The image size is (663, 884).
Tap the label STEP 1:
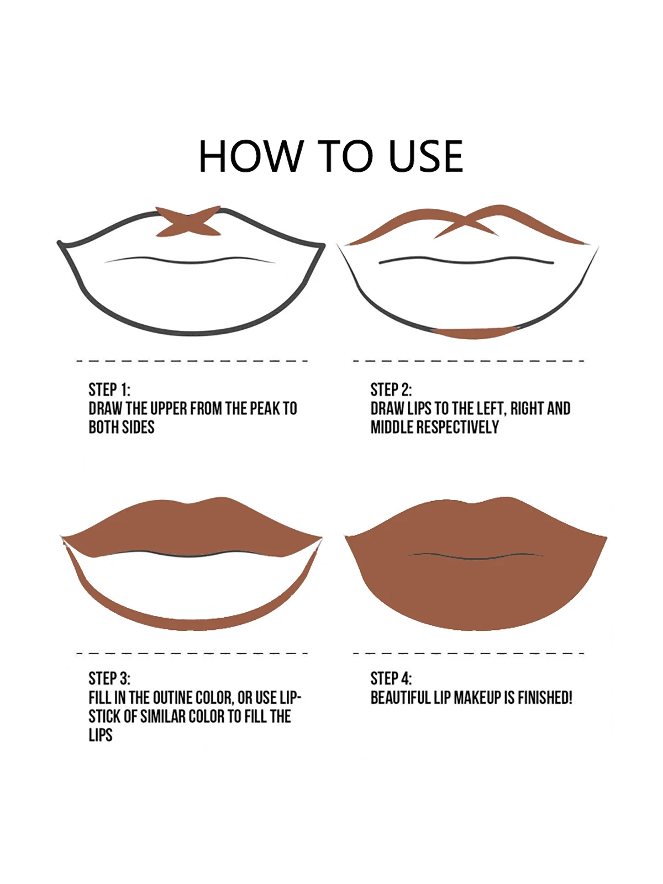click(x=109, y=390)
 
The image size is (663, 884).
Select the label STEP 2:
click(x=391, y=390)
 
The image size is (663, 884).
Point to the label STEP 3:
click(x=109, y=678)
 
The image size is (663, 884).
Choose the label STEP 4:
click(x=391, y=678)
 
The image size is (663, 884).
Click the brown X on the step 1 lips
click(x=188, y=221)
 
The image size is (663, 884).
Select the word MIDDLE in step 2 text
click(x=392, y=427)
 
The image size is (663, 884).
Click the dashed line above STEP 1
click(x=192, y=361)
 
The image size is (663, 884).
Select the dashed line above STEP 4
click(x=469, y=653)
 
